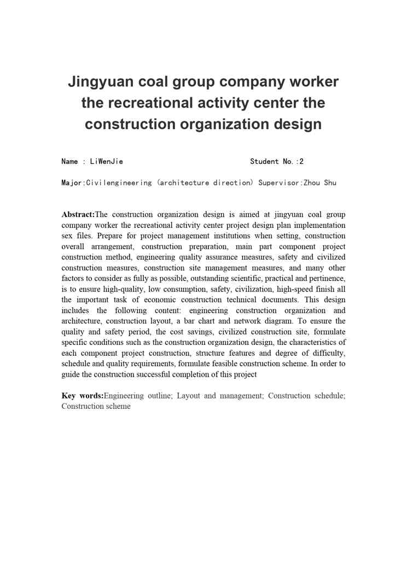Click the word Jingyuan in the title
point(100,82)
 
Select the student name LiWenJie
point(106,161)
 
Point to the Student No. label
point(272,161)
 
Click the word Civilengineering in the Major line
point(119,183)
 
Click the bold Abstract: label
point(78,214)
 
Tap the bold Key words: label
point(82,396)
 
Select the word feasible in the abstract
point(215,363)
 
